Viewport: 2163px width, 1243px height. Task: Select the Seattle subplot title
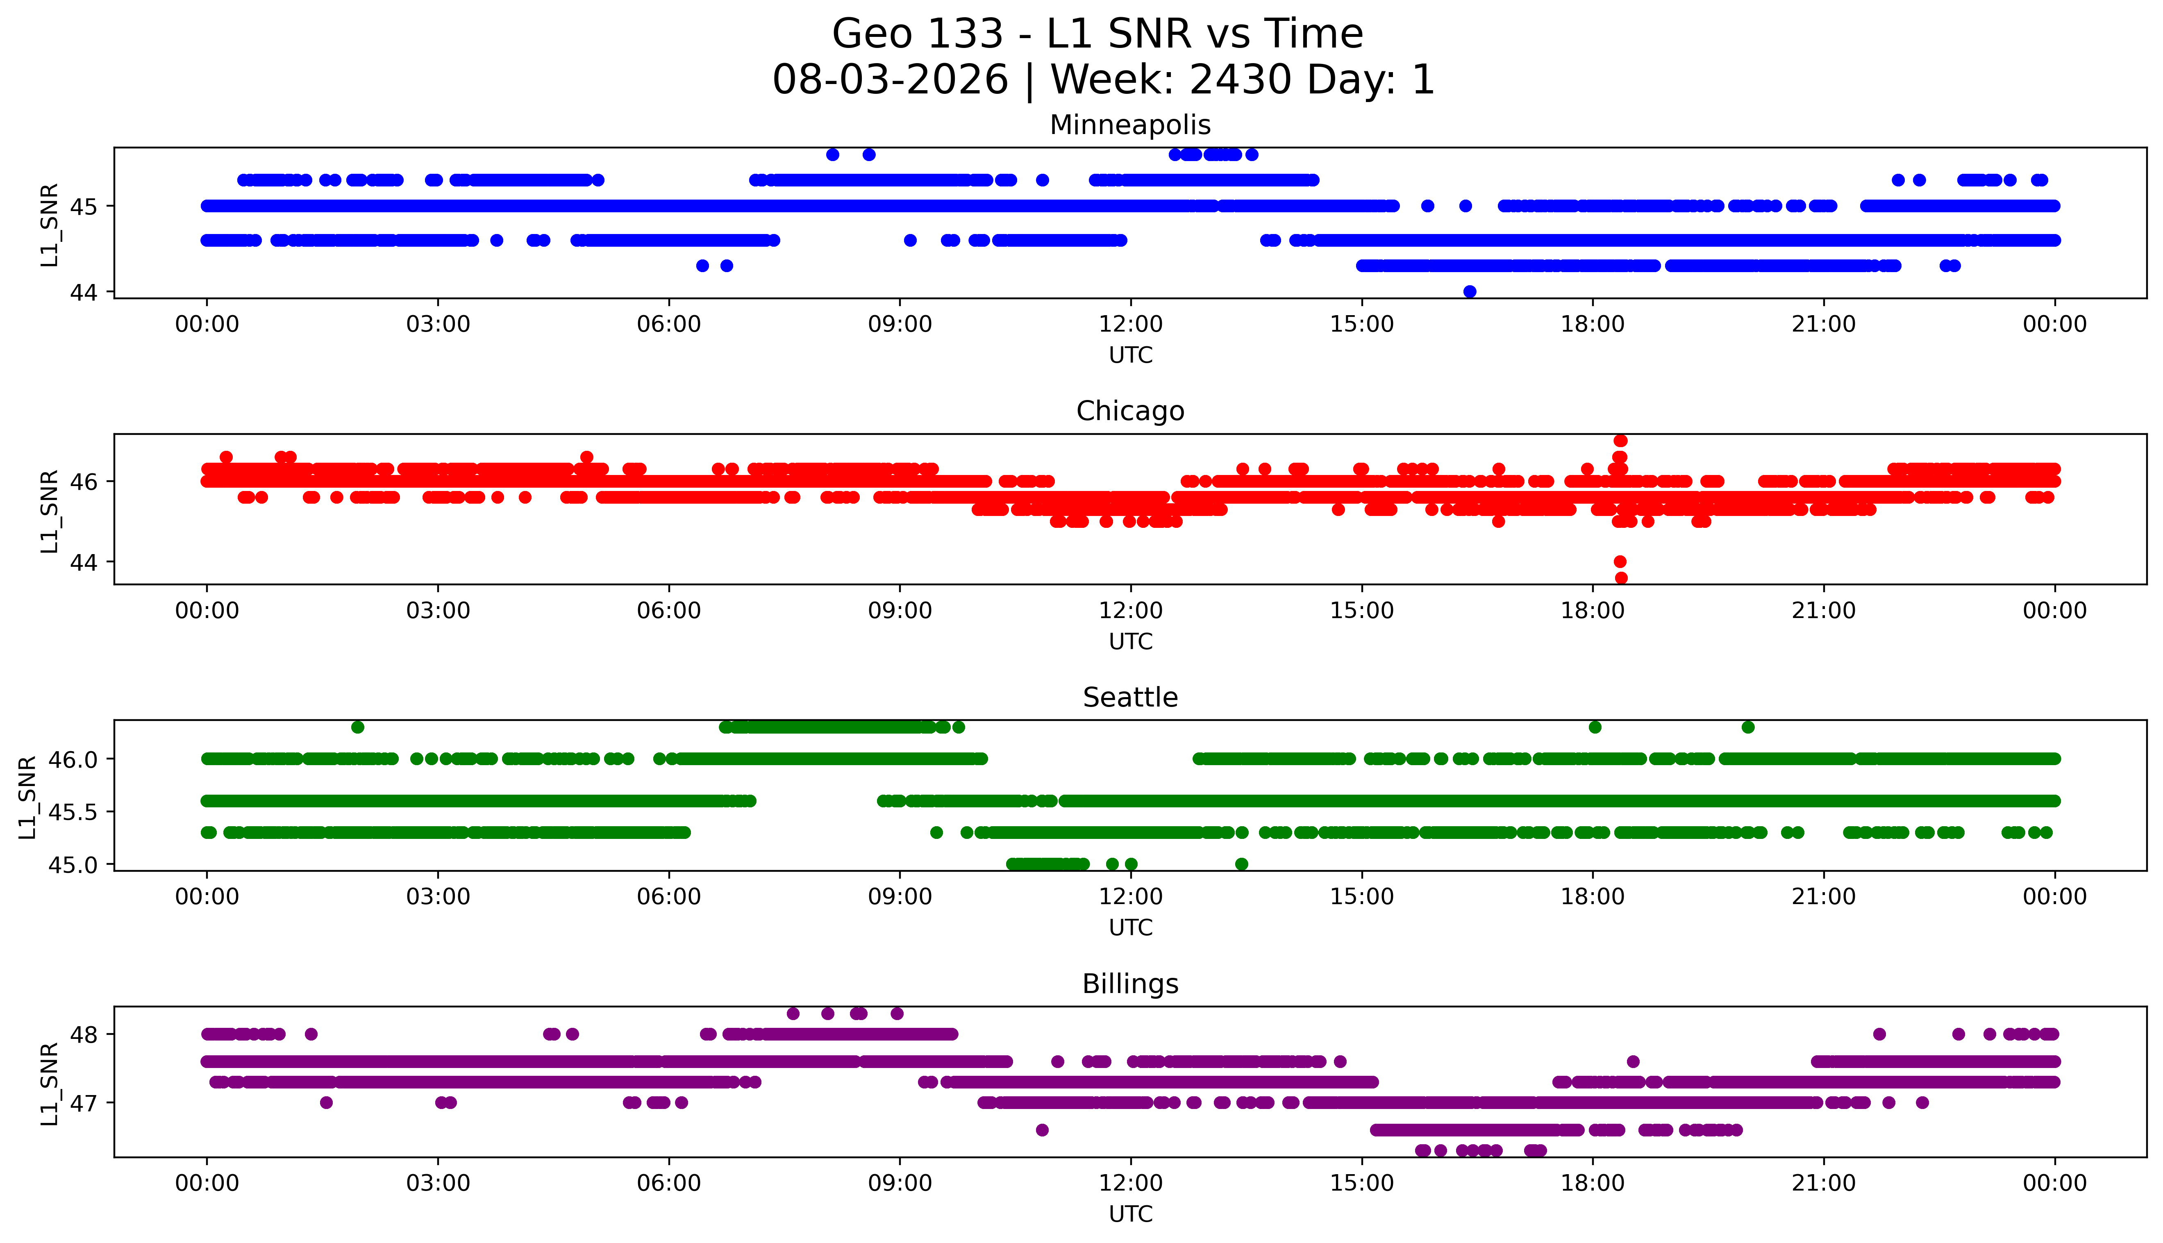pos(1130,698)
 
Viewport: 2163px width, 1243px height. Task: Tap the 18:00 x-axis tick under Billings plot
pos(1593,1183)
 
